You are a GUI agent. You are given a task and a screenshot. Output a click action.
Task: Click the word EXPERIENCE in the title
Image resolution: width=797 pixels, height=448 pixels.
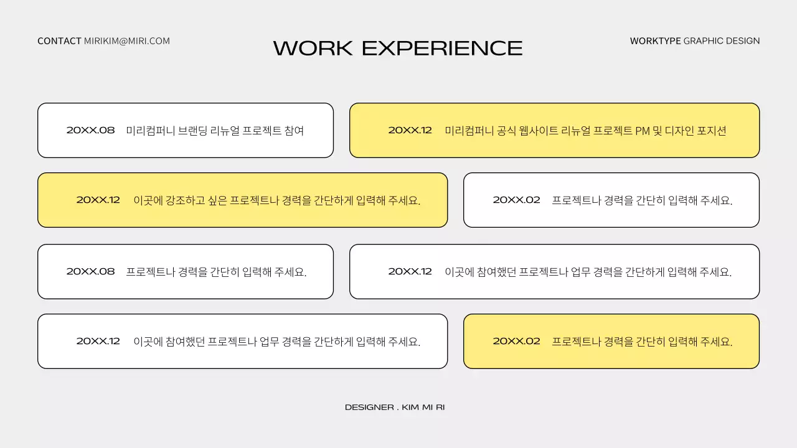pyautogui.click(x=442, y=49)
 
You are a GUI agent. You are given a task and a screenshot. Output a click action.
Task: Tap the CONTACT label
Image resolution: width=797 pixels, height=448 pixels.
pyautogui.click(x=59, y=41)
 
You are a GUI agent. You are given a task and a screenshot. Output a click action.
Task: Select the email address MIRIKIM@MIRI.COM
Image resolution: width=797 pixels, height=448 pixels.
pyautogui.click(x=127, y=41)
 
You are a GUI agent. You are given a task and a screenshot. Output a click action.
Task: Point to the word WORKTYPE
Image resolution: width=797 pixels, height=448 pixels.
pyautogui.click(x=655, y=41)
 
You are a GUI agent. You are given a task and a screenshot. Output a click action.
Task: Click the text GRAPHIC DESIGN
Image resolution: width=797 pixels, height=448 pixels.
pyautogui.click(x=722, y=41)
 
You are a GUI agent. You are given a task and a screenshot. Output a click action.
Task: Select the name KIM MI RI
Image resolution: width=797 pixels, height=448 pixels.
pyautogui.click(x=423, y=408)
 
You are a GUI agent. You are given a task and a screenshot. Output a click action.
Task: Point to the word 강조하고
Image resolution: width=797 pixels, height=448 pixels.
pyautogui.click(x=187, y=200)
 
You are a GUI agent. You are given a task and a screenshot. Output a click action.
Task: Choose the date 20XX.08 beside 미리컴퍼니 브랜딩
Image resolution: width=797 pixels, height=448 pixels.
pyautogui.click(x=91, y=131)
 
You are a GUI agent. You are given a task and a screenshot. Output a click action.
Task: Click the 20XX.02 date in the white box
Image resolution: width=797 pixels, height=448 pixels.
pyautogui.click(x=516, y=200)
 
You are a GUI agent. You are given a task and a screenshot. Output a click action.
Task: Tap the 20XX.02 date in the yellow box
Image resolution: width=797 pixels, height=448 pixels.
pyautogui.click(x=516, y=342)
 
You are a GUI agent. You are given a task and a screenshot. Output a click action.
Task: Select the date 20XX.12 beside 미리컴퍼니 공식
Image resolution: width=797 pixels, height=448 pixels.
pyautogui.click(x=410, y=131)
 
